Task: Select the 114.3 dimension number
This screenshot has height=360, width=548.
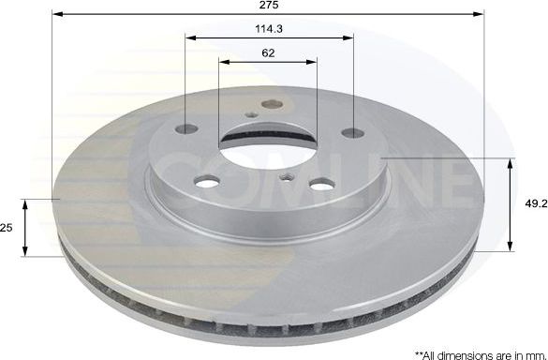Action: click(x=268, y=29)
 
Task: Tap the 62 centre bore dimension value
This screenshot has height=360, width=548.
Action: click(x=268, y=52)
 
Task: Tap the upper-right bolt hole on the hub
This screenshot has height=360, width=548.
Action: click(x=351, y=132)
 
